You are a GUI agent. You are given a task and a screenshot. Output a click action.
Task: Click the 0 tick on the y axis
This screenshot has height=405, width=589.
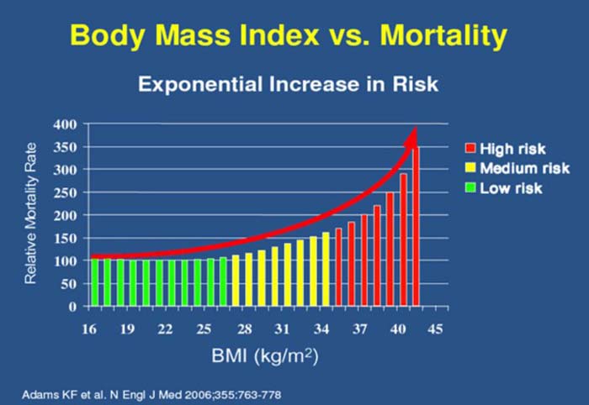click(73, 307)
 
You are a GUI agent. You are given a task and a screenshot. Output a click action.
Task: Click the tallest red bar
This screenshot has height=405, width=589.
click(415, 227)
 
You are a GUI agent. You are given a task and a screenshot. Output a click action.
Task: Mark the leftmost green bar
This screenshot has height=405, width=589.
click(94, 282)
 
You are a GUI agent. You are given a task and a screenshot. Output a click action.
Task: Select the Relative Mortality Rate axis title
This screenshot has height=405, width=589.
click(33, 213)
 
